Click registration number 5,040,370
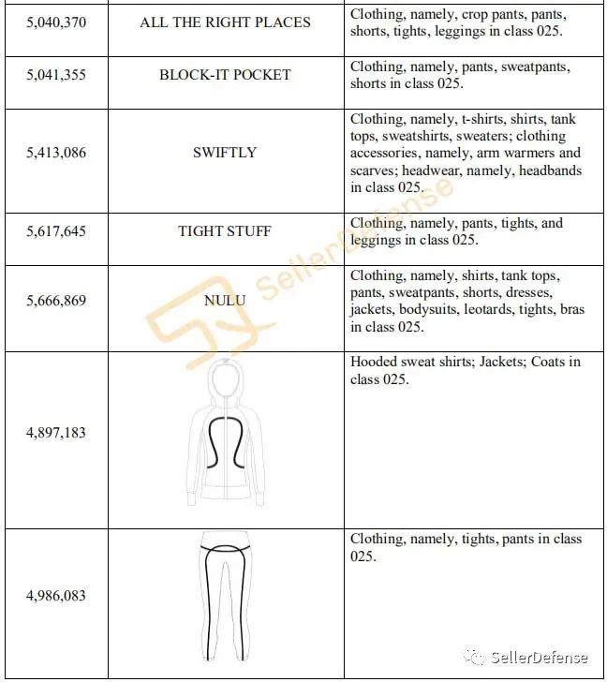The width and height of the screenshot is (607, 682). coord(55,22)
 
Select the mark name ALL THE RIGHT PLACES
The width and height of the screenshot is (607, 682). coord(225,22)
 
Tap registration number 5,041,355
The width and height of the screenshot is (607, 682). coord(55,75)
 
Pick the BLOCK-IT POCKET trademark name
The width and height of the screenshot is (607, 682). coord(225,75)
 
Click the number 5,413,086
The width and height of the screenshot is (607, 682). coord(55,152)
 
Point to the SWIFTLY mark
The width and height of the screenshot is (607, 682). coord(225,152)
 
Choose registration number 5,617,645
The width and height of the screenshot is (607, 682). coord(55,230)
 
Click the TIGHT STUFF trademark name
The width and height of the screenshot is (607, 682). coord(225,230)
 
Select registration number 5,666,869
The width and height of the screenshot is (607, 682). coord(55,302)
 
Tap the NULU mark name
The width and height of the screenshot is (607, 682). coord(225,302)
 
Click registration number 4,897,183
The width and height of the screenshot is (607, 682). coord(55,433)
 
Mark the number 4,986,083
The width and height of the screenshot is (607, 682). coord(55,596)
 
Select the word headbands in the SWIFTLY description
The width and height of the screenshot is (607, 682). coord(550,170)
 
